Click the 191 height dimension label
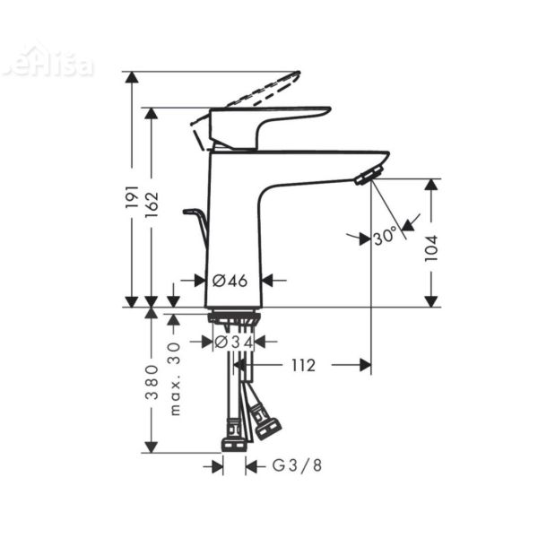tap(132, 199)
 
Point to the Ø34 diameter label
tap(235, 342)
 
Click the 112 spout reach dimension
tap(303, 365)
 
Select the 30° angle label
tap(384, 238)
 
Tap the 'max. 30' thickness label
tap(175, 377)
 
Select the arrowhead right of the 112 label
tap(363, 365)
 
